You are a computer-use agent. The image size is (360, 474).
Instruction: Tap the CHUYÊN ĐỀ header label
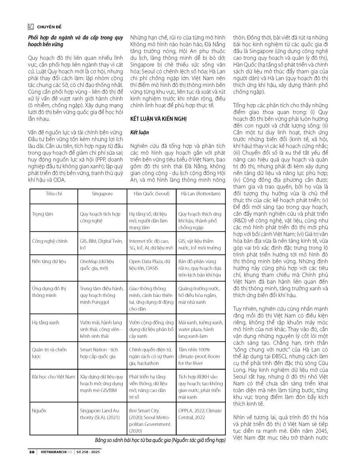(48, 27)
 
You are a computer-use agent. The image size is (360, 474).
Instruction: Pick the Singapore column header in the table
(102, 194)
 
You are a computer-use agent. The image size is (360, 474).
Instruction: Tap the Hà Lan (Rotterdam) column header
(201, 194)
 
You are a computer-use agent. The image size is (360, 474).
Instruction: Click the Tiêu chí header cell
(54, 194)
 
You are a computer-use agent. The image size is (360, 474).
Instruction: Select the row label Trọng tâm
(42, 214)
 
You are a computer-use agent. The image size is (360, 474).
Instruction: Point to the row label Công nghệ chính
(49, 241)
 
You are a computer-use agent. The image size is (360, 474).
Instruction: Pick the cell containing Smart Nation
(99, 353)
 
